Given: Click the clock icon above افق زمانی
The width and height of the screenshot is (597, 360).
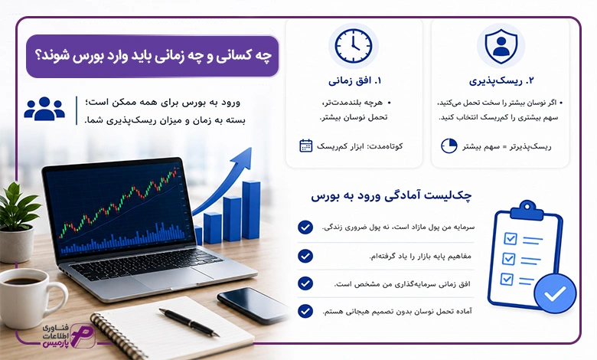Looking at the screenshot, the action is (x=354, y=46).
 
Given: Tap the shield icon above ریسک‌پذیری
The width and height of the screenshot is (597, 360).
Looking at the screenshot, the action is (x=501, y=46).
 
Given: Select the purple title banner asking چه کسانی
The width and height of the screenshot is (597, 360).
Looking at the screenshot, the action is (x=152, y=56).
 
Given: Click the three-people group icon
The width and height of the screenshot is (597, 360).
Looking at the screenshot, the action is (x=44, y=109).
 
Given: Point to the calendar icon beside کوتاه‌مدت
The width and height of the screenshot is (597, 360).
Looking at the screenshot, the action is (x=305, y=146).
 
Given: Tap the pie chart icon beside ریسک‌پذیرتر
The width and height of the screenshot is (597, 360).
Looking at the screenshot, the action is (x=449, y=146).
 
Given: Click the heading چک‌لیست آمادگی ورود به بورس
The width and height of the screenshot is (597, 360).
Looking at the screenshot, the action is (x=391, y=196).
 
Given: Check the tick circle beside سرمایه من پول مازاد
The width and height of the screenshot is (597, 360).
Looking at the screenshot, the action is (x=305, y=227).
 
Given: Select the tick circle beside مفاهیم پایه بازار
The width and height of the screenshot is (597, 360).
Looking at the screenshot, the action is (x=305, y=256).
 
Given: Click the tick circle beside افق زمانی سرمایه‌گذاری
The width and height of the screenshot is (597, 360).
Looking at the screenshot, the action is (x=305, y=283).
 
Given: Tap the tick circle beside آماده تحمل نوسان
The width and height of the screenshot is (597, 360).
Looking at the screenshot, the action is (x=305, y=311).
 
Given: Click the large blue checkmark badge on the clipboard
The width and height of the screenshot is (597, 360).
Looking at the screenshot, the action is (x=555, y=293).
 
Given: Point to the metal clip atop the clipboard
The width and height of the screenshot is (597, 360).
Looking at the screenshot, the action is (x=527, y=210).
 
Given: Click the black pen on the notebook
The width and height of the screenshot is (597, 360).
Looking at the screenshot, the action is (x=189, y=322).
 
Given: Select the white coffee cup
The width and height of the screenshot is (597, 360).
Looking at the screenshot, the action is (x=28, y=298).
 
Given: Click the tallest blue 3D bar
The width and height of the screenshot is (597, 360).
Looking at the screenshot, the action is (x=251, y=210).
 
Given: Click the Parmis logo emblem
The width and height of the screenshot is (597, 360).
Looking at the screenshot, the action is (x=82, y=335).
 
